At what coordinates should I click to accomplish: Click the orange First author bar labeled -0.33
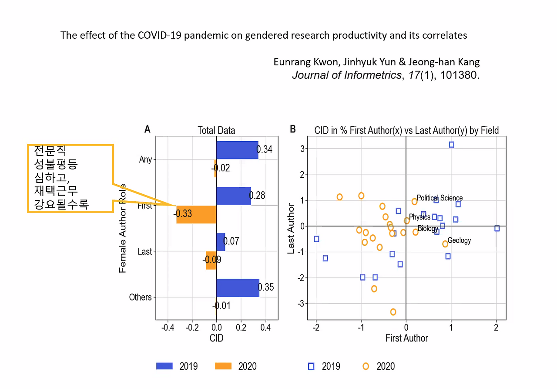pos(196,214)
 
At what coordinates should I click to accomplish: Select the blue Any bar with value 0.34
pos(237,150)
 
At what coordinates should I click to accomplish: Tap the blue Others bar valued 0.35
pos(238,288)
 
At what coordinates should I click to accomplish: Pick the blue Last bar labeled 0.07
pos(221,242)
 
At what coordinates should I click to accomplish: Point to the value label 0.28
pos(257,196)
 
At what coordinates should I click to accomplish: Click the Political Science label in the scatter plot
pos(440,198)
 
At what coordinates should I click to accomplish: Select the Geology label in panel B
pos(459,240)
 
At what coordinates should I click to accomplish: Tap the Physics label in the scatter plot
pos(419,217)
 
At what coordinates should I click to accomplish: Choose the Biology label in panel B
pos(428,229)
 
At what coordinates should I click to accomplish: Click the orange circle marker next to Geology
pos(445,244)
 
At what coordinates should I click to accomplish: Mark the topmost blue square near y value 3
pos(451,145)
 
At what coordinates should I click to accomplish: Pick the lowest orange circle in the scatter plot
pos(393,312)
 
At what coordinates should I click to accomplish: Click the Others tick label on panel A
pos(141,298)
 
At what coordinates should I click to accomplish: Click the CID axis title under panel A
pos(216,338)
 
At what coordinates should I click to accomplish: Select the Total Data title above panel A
pos(216,130)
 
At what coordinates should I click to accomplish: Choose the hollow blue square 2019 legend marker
pos(311,366)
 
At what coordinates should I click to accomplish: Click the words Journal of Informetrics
pos(346,75)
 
